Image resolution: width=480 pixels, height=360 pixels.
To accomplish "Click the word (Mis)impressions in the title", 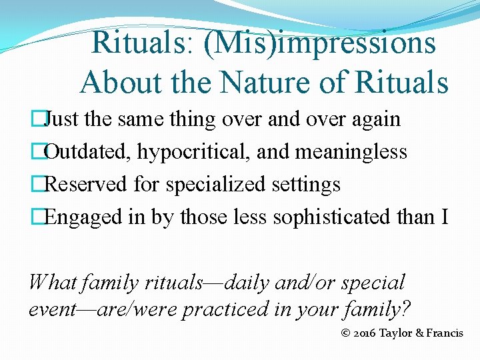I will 321,43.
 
